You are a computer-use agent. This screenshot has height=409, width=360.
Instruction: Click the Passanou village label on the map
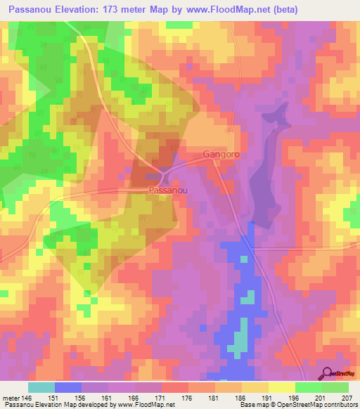point(167,190)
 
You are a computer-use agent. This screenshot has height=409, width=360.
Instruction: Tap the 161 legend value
point(107,398)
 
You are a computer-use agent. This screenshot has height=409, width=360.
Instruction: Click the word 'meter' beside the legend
point(10,398)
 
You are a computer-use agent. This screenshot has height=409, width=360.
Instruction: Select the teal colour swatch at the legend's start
point(41,387)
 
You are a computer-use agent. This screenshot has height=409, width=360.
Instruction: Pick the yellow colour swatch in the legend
point(281,387)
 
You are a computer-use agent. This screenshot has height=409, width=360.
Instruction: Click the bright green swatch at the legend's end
point(335,387)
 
